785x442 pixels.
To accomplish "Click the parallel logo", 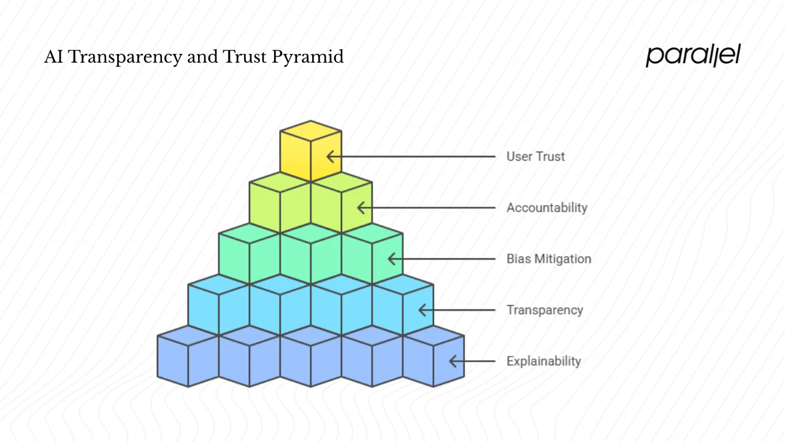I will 693,56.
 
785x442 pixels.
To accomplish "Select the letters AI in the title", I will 53,57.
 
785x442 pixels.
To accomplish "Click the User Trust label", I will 535,157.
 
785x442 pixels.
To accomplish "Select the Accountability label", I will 546,207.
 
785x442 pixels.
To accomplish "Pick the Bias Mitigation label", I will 548,258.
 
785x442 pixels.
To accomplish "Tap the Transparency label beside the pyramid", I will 544,310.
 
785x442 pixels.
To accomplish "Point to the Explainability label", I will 543,361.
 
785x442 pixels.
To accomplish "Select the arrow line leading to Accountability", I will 429,207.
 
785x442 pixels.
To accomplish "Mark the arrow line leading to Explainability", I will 475,361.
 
